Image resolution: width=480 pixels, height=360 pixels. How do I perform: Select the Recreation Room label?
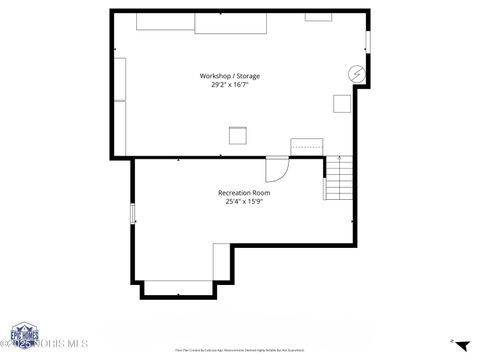tap(244, 192)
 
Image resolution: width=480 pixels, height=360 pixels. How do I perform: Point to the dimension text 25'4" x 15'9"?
tap(244, 201)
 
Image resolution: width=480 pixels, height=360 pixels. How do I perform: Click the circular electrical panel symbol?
tap(355, 74)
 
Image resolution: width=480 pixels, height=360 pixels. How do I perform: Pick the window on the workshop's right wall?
tap(368, 42)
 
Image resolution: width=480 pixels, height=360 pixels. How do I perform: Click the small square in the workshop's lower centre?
tap(238, 136)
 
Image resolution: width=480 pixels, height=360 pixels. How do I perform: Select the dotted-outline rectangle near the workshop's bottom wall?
tap(308, 147)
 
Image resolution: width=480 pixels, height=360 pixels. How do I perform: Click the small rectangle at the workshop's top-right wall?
tap(319, 17)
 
